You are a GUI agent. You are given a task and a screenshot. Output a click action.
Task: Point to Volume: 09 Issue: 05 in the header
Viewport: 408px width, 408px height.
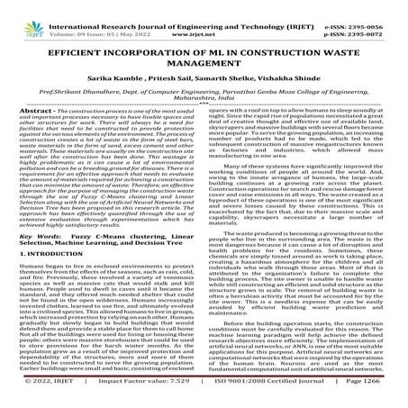[83, 27]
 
